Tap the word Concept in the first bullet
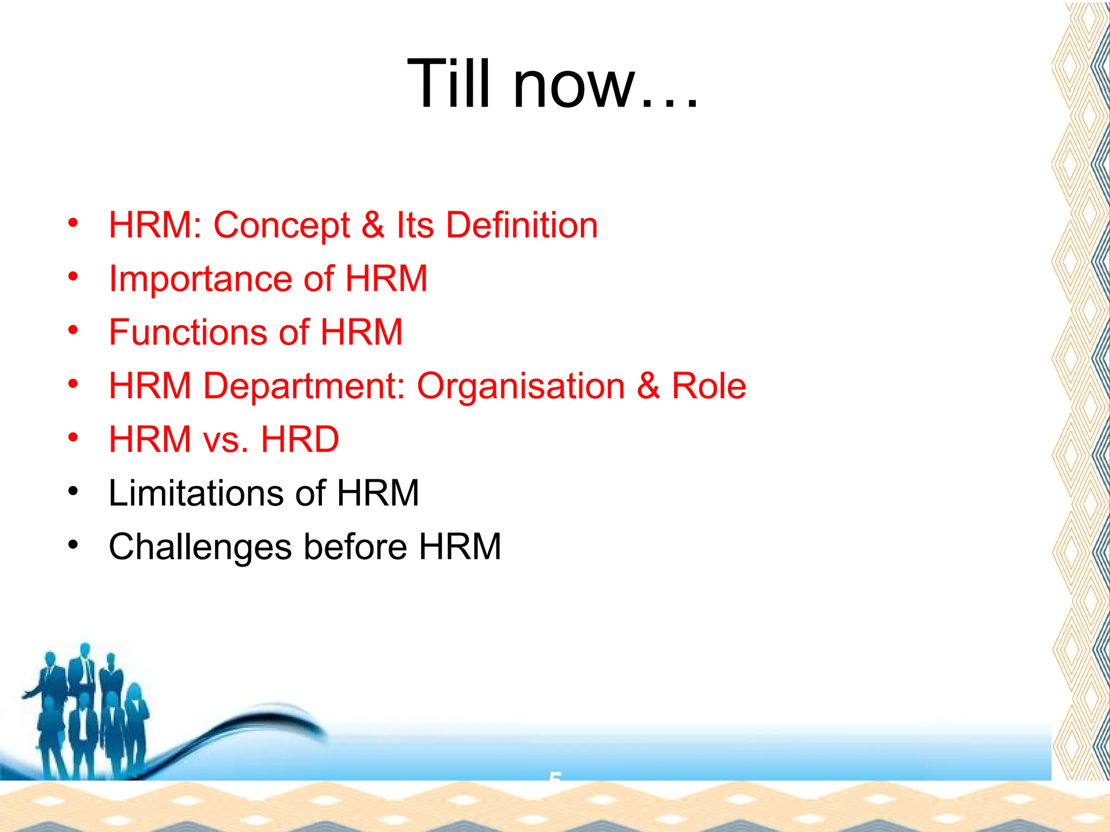[281, 225]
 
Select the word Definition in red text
[521, 225]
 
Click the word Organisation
[521, 387]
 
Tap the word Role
[708, 386]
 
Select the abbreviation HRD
[300, 439]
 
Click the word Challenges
[200, 547]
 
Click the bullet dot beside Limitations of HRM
[73, 491]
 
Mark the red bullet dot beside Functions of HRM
[73, 330]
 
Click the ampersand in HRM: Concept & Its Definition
[373, 225]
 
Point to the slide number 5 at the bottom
[555, 776]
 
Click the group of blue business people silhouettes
[87, 710]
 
